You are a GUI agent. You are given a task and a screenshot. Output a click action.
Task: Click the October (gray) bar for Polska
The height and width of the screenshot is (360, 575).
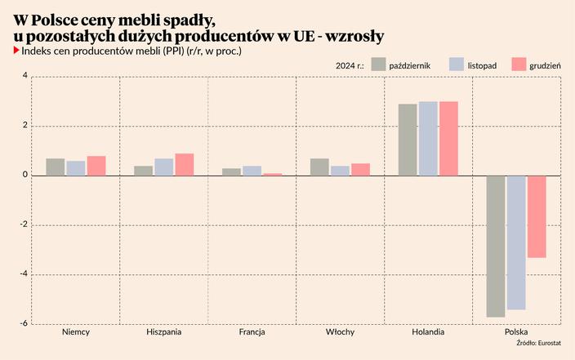tap(496, 246)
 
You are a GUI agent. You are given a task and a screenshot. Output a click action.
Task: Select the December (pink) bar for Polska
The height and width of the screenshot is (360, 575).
tap(537, 216)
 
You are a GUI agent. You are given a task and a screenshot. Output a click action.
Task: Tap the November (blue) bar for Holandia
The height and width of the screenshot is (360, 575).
tap(428, 139)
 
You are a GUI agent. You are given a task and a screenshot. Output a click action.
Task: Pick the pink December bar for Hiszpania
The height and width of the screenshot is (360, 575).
tap(185, 165)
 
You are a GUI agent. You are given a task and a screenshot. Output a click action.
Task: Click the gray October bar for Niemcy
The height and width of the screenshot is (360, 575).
tap(56, 167)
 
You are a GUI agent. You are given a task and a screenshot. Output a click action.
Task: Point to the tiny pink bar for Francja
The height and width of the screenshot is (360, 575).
tap(273, 174)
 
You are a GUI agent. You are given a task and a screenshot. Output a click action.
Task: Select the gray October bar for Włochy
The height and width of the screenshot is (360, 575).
tap(319, 167)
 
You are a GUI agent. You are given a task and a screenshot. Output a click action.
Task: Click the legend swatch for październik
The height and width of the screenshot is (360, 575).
tap(378, 64)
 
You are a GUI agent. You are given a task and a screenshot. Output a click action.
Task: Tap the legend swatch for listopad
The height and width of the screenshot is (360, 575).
tap(457, 64)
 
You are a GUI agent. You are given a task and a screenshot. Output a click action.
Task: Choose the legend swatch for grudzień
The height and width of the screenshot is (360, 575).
tap(519, 64)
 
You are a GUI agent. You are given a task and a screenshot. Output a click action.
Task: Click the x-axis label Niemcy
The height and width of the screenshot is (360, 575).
tap(76, 333)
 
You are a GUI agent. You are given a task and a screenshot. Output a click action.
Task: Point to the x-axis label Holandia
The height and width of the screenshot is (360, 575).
tap(428, 333)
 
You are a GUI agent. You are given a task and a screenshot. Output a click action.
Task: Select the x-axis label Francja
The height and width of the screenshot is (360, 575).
tap(252, 333)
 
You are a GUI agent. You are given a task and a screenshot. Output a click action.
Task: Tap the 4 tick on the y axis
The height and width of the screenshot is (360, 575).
tap(25, 77)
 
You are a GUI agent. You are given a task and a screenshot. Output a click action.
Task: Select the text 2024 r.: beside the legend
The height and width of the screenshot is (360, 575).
tap(350, 64)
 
